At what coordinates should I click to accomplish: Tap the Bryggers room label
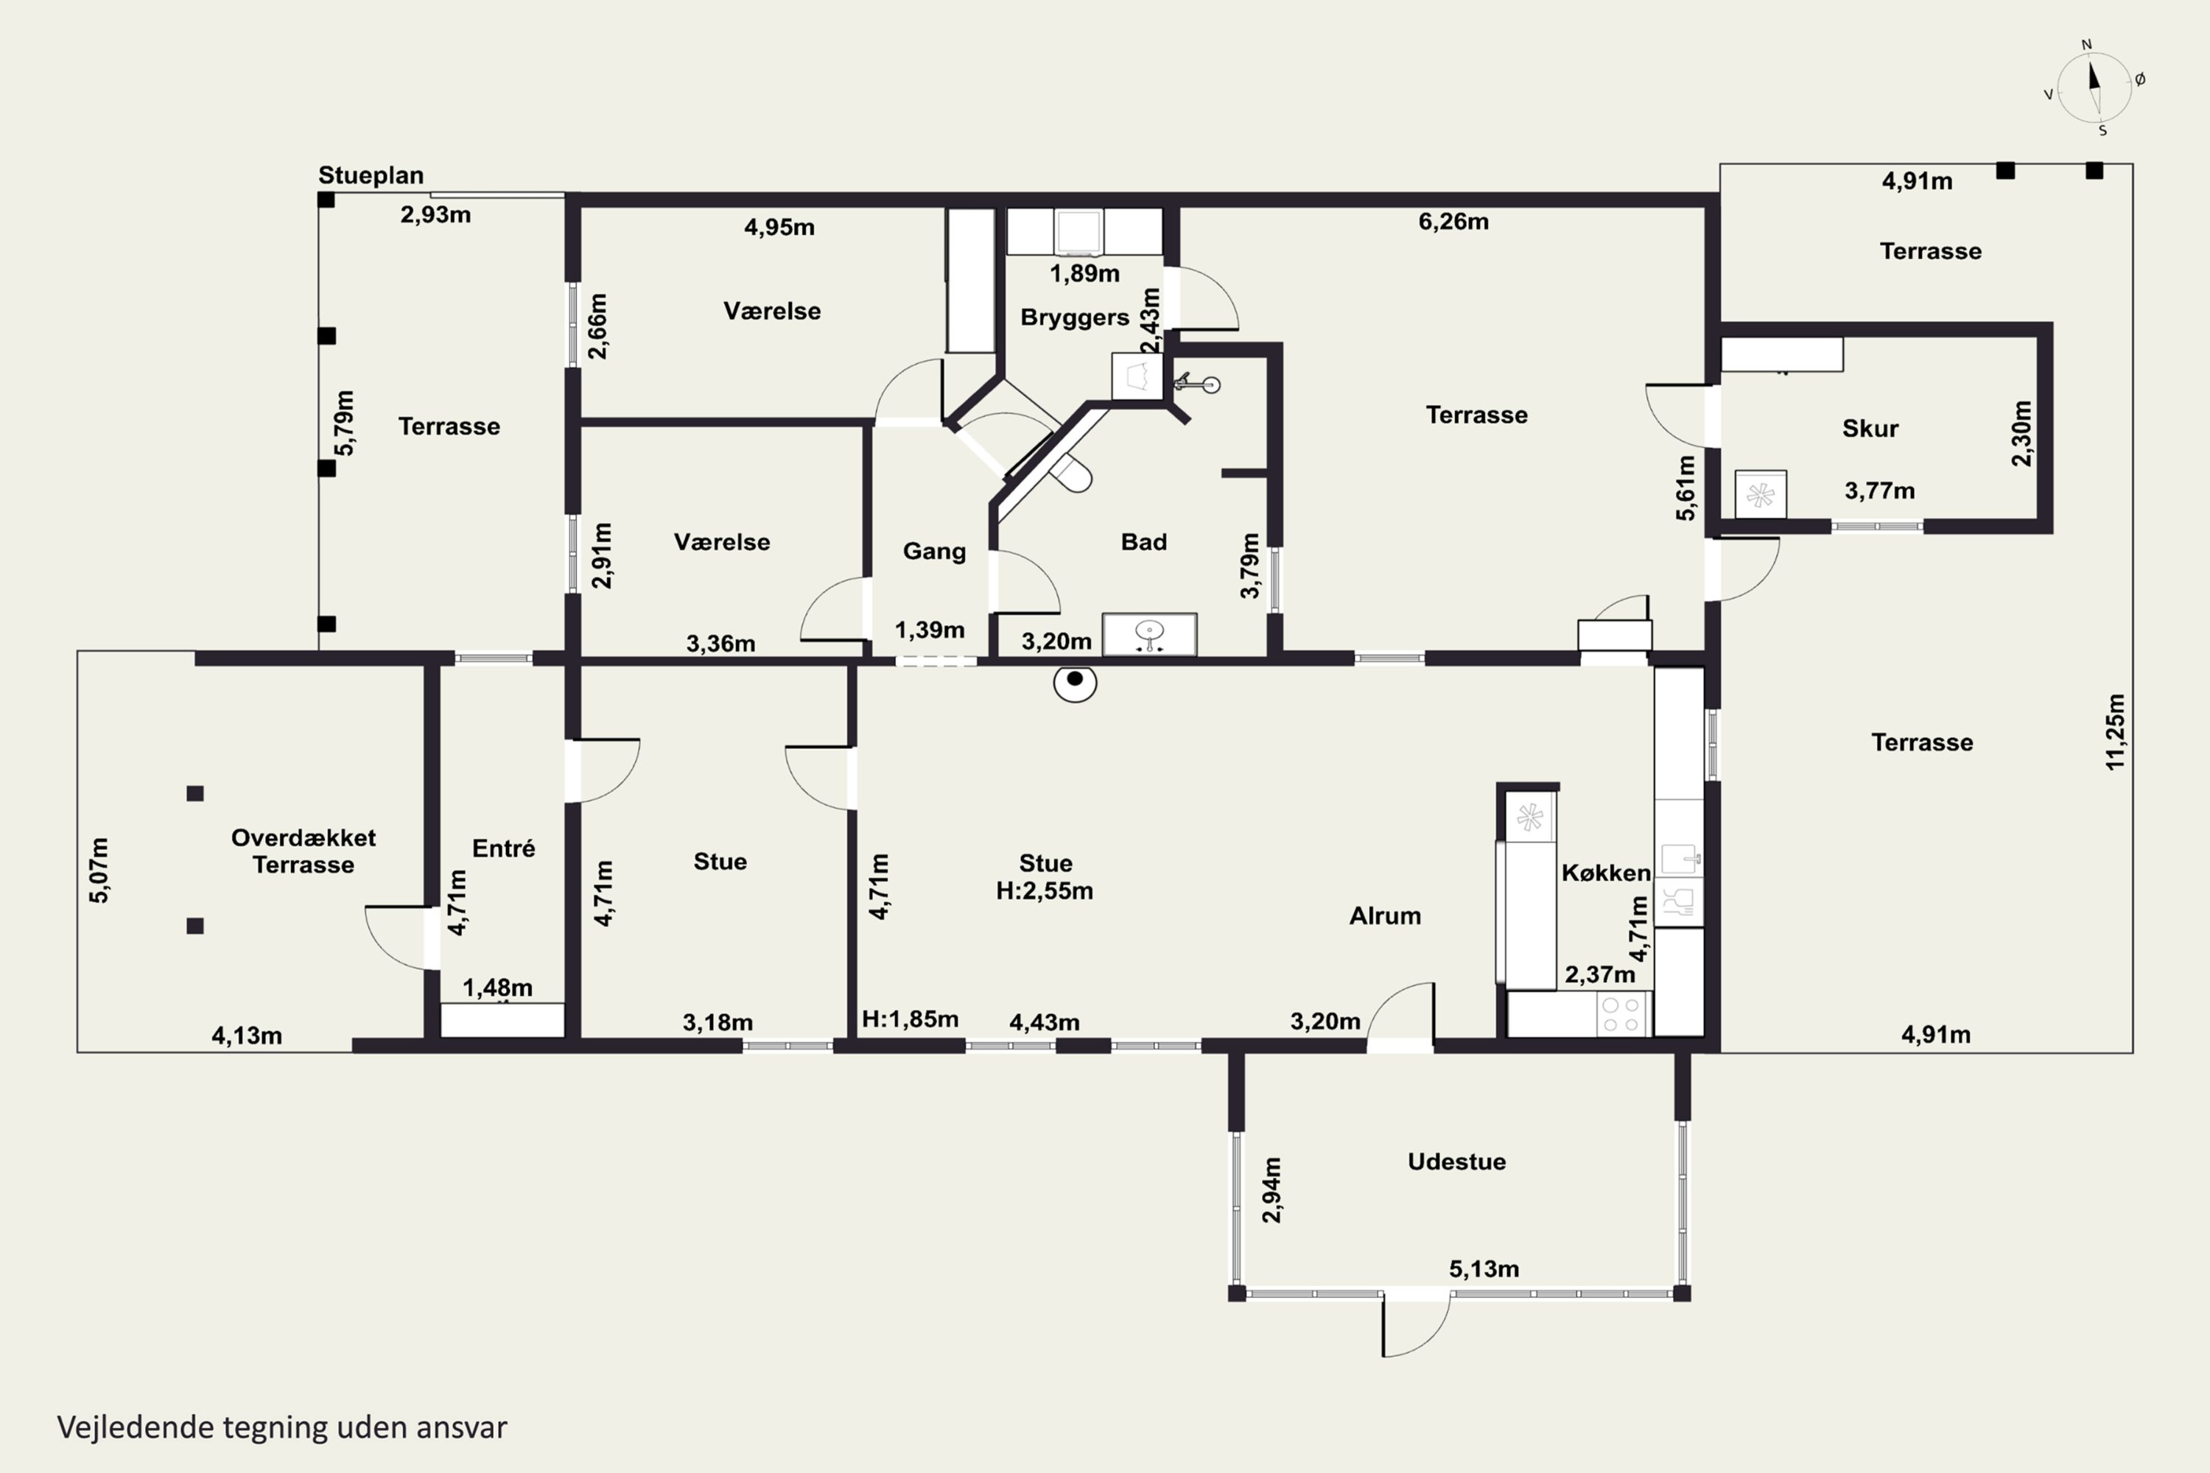click(1075, 317)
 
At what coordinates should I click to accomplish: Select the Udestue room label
click(1456, 1161)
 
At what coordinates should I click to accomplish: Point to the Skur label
click(1870, 429)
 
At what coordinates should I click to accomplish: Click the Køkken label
click(1606, 873)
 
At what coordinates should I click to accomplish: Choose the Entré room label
click(504, 848)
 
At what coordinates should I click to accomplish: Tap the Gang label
click(934, 552)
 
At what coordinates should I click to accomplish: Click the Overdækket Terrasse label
click(304, 851)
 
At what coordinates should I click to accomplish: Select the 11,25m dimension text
click(2114, 732)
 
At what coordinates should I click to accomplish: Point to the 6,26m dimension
click(1453, 222)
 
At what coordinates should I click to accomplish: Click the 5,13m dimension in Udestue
click(1484, 1269)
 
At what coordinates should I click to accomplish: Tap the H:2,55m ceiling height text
click(1045, 890)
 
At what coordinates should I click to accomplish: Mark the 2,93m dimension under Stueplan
click(436, 214)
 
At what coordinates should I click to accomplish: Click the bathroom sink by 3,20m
click(1149, 634)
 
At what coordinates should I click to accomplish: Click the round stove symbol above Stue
click(1075, 683)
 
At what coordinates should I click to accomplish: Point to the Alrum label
click(1385, 916)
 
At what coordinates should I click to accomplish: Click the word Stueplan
click(371, 176)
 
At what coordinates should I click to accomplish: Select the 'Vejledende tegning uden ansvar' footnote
click(282, 1427)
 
